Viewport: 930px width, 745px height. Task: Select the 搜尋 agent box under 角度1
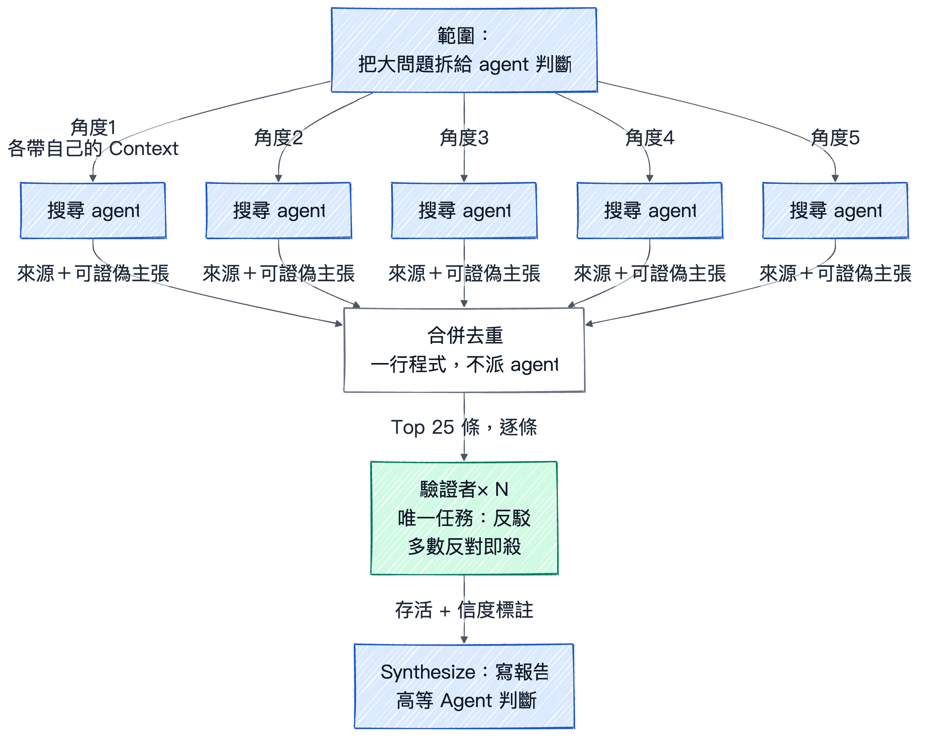click(93, 210)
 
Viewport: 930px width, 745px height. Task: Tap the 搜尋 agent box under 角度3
click(464, 210)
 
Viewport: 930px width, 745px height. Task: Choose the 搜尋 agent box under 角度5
click(835, 210)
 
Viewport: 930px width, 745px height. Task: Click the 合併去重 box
click(464, 350)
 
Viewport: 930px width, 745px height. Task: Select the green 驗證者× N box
click(464, 518)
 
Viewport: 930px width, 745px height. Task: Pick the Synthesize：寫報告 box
click(464, 686)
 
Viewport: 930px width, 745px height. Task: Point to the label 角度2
click(279, 138)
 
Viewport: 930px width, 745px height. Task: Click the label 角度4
click(650, 138)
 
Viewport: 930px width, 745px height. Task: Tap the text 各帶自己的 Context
click(93, 148)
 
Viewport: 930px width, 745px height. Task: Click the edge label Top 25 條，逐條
click(464, 427)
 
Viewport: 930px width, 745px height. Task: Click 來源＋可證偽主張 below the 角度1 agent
click(93, 274)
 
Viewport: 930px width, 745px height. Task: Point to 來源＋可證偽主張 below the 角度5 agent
click(835, 274)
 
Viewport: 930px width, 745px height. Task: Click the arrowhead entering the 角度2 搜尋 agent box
click(279, 179)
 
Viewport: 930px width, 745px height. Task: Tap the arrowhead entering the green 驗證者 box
click(464, 457)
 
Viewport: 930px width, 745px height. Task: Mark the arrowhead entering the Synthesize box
click(464, 640)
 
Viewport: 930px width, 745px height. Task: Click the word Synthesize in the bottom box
click(428, 672)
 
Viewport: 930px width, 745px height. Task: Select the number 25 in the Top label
click(443, 427)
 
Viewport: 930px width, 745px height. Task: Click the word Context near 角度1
click(144, 148)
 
